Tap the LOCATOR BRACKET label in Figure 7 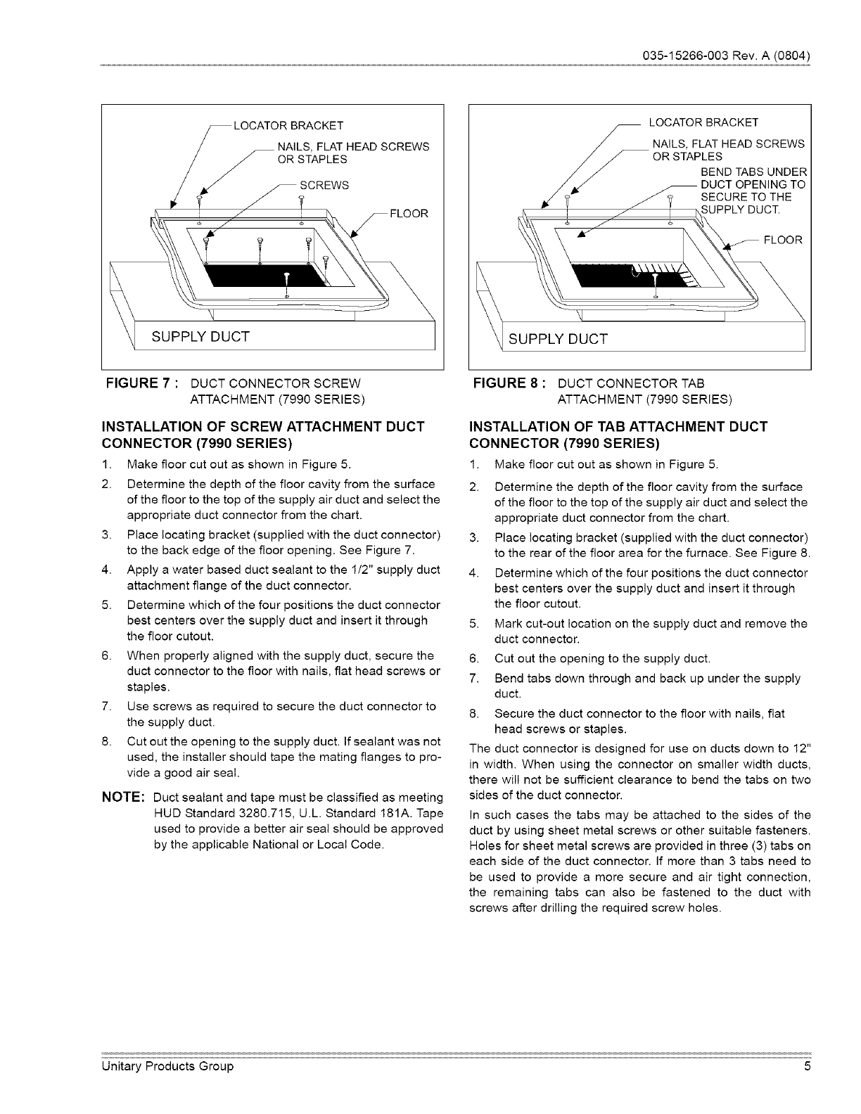(288, 126)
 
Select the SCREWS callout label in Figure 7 (324, 186)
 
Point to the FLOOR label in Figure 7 (409, 214)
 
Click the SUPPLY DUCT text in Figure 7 (200, 336)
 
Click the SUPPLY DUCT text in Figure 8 (558, 340)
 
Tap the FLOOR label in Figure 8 (783, 240)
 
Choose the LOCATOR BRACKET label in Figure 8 (703, 122)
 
